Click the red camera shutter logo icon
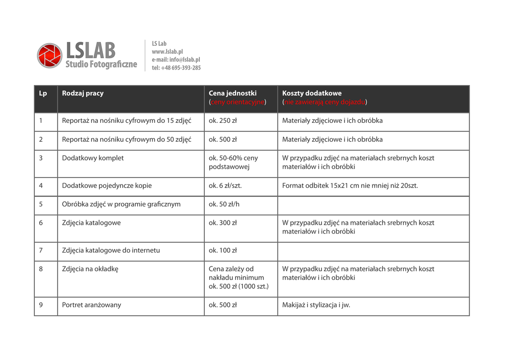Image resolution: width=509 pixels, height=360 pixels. point(50,55)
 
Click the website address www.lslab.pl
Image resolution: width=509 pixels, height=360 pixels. point(168,52)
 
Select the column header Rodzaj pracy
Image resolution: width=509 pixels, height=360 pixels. point(83,93)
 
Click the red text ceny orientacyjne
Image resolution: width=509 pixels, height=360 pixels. point(238,102)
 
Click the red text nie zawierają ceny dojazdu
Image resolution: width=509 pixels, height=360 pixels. point(325,102)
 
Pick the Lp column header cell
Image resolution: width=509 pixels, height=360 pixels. point(43,93)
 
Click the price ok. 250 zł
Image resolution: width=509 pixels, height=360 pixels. point(223,121)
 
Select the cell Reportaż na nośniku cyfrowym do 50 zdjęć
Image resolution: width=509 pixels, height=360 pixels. point(126,140)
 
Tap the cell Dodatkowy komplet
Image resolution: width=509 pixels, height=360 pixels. point(93,158)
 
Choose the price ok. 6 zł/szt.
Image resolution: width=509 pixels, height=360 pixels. point(225,186)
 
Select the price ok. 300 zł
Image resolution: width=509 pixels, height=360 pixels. point(223,223)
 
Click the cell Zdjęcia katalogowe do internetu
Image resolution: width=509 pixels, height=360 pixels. point(111,251)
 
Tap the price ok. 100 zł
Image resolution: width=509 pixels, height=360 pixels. point(223,251)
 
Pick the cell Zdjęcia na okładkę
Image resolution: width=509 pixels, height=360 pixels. point(90,269)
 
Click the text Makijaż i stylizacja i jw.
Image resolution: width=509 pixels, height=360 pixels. point(316,305)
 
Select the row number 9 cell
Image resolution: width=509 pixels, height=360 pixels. point(41,305)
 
